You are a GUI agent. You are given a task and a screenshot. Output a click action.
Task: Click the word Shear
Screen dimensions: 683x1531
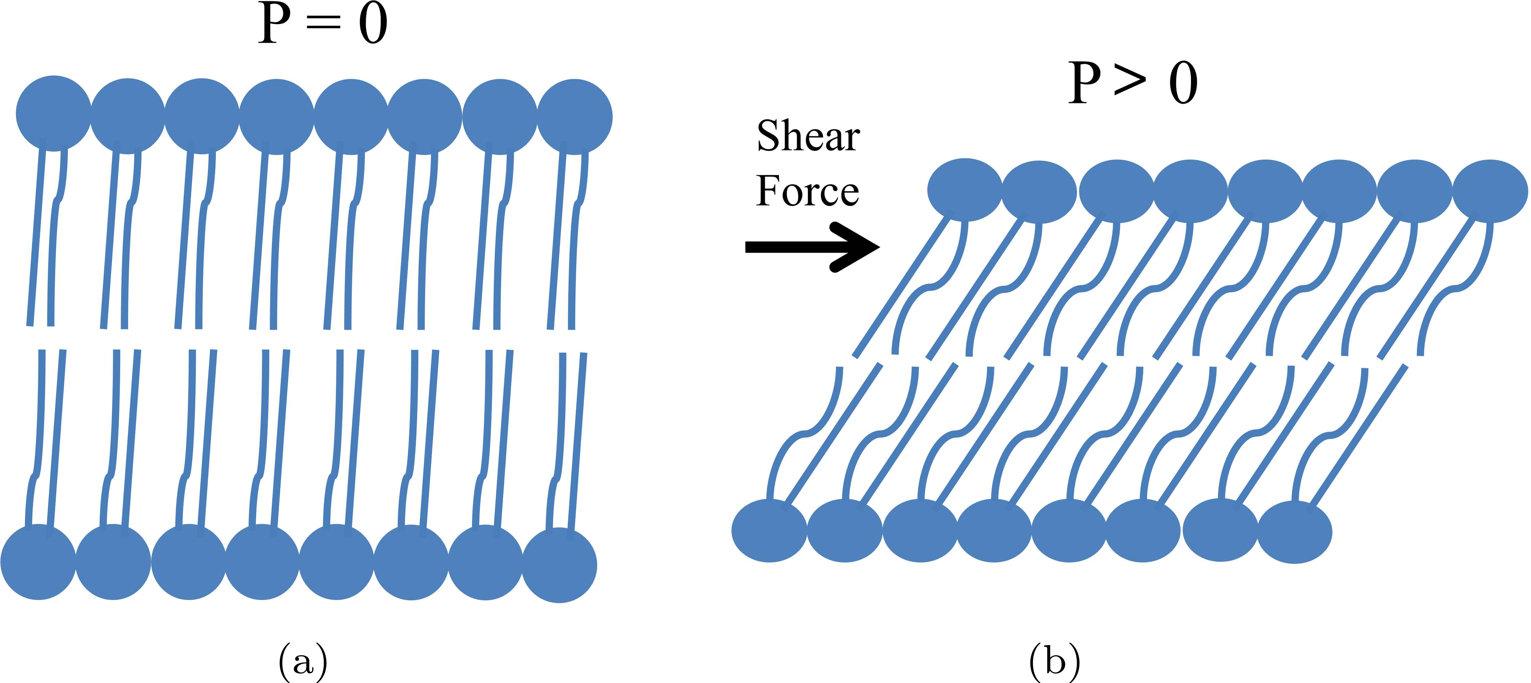pyautogui.click(x=808, y=137)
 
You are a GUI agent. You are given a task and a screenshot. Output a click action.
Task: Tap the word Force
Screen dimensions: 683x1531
pyautogui.click(x=807, y=191)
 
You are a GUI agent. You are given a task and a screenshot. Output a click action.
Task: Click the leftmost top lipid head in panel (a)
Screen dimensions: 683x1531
pyautogui.click(x=54, y=113)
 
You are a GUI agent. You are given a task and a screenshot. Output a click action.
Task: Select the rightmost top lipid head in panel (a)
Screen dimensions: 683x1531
pyautogui.click(x=575, y=116)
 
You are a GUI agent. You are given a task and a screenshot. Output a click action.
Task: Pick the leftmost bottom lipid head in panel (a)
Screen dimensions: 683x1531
pyautogui.click(x=38, y=562)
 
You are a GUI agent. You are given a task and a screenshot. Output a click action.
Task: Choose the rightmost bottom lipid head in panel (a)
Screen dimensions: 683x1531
pyautogui.click(x=559, y=565)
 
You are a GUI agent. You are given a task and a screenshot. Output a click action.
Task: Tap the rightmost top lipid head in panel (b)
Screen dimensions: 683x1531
pyautogui.click(x=1490, y=191)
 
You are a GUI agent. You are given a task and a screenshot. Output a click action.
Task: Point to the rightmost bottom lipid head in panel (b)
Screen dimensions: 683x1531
pyautogui.click(x=1294, y=533)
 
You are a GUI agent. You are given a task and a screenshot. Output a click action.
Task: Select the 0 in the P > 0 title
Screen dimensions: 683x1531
pyautogui.click(x=1183, y=83)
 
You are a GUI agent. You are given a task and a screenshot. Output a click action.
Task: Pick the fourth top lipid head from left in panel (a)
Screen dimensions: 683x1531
pyautogui.click(x=276, y=116)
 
